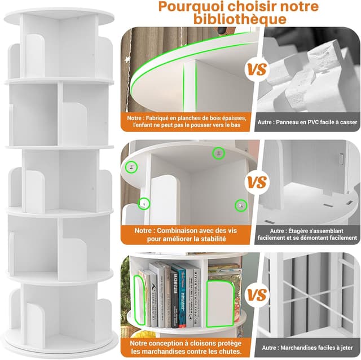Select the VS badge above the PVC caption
point(257,69)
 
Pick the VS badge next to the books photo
point(257,295)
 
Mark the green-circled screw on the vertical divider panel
point(144,204)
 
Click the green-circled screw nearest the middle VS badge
point(240,205)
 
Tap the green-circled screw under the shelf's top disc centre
point(217,153)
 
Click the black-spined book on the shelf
point(175,300)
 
